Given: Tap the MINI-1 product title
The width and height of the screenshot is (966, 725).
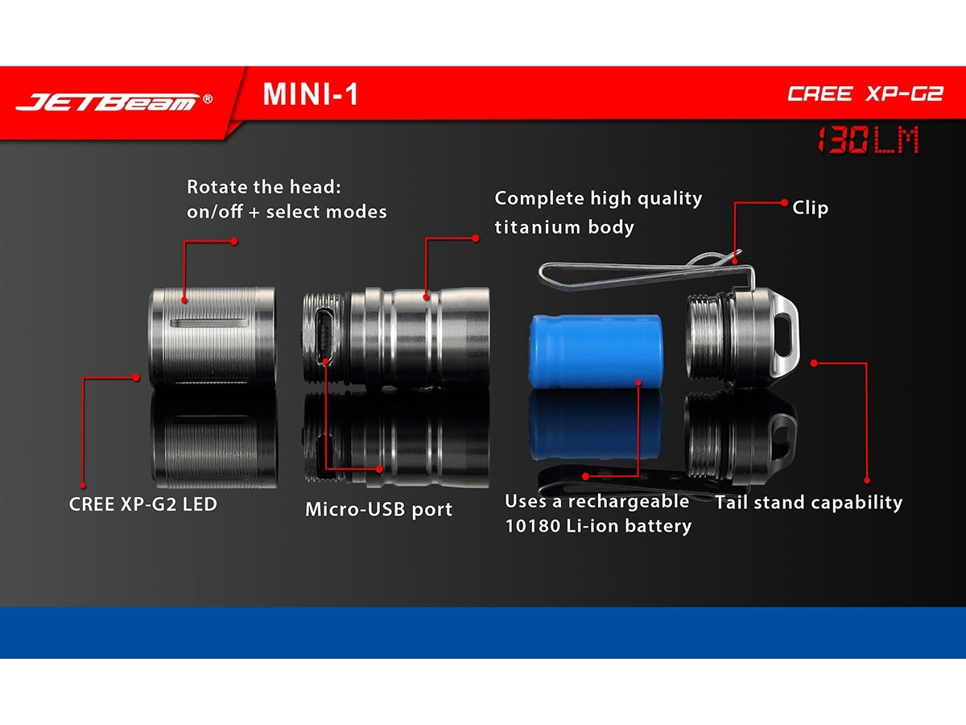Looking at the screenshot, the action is pos(310,94).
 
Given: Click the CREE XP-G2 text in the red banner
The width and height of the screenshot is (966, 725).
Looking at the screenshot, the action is pos(865,93).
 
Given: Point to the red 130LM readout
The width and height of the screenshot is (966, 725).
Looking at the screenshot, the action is pos(868,139).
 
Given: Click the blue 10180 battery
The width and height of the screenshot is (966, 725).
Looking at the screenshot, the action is pos(595,351).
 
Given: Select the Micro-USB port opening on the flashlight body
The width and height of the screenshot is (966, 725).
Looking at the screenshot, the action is pos(324,336).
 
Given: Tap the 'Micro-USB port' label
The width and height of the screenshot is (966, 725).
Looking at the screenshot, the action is pos(378,509).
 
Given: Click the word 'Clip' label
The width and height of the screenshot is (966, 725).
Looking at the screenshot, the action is pos(810,208).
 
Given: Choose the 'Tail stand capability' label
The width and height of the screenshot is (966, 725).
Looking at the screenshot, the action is pos(808,502).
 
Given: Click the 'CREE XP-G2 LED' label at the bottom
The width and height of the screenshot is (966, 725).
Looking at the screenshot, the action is pos(143,504).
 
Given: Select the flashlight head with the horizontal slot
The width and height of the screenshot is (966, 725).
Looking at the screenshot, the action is pos(213,336).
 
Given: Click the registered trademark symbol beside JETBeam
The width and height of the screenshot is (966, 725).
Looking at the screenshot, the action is pos(208,98).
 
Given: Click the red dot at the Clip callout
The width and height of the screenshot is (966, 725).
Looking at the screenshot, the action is pos(784,202).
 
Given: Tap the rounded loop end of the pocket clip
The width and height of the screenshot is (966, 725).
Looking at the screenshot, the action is pos(545,276).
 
